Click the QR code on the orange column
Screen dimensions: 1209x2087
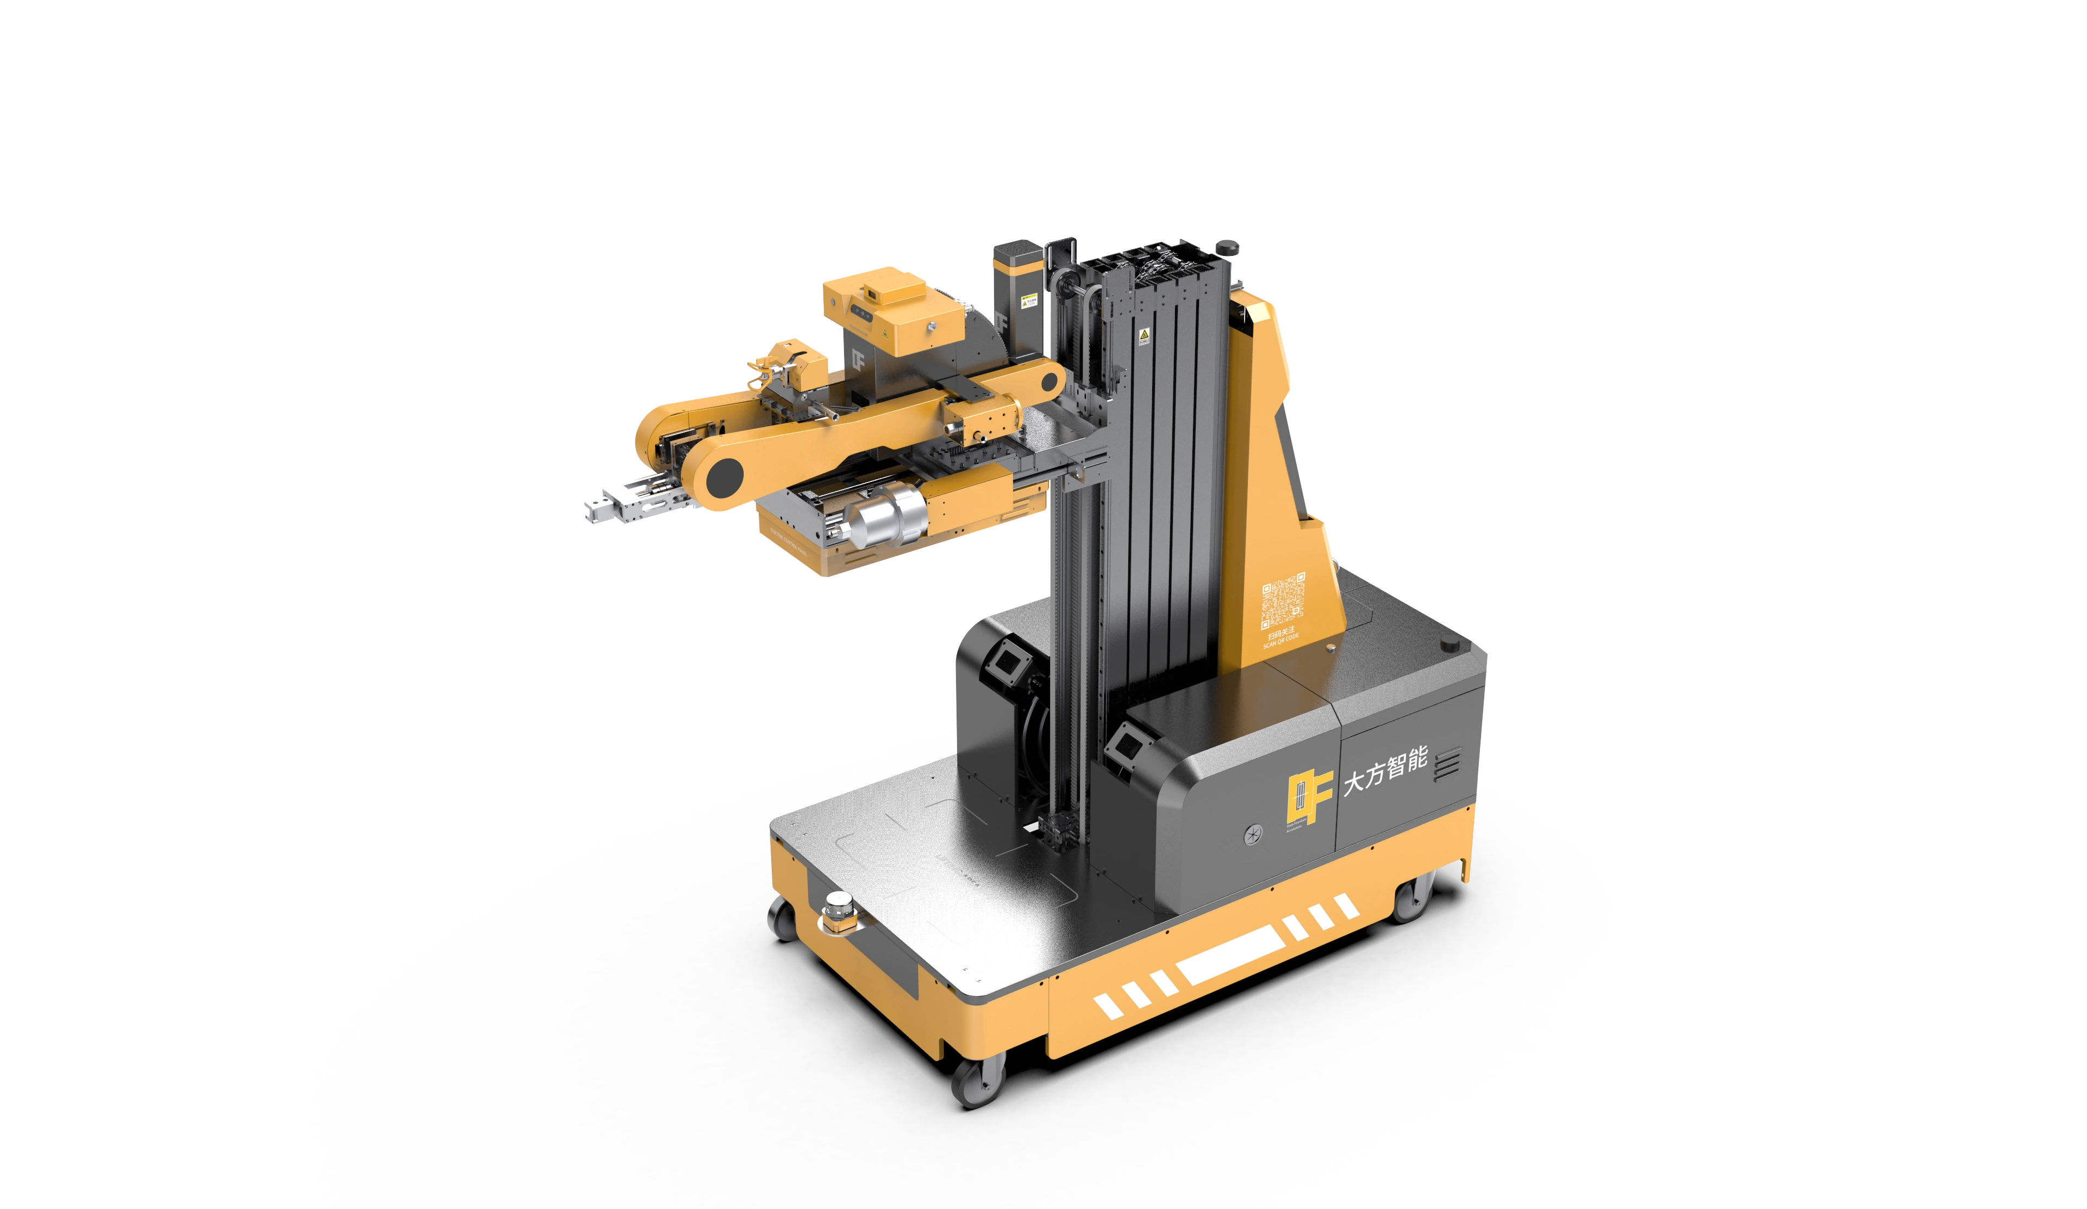(1283, 601)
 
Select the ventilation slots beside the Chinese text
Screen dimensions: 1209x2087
(1447, 763)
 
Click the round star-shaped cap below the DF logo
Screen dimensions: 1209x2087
(1254, 834)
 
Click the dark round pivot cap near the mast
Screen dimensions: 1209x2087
(1050, 383)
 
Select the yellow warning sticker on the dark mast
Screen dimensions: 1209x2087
(1144, 335)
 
